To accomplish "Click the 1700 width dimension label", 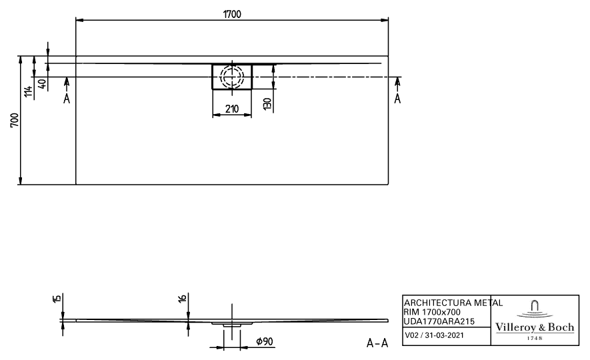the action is pos(232,14).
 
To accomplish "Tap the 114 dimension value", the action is pos(28,91).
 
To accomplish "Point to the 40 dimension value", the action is pos(43,84).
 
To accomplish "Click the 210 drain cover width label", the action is pos(232,109).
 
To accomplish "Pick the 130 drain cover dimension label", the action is pos(267,104).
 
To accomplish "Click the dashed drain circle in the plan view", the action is pos(232,77).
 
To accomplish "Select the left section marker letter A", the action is pos(67,99).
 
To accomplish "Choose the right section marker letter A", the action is pos(397,99).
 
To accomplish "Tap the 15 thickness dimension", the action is pos(57,299).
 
